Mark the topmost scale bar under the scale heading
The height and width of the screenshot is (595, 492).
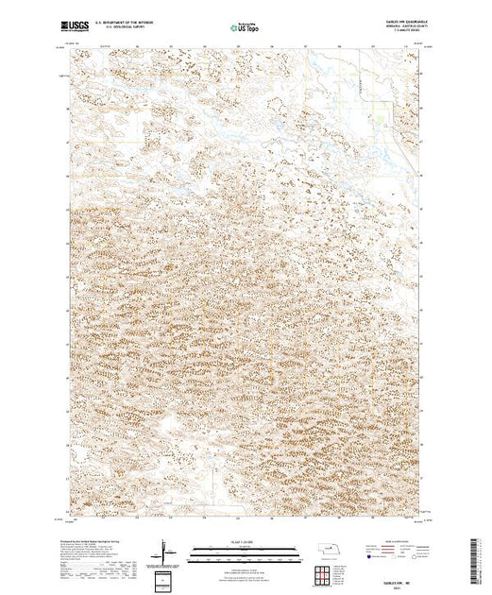(x=243, y=547)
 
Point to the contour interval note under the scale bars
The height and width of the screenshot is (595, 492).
(x=243, y=565)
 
